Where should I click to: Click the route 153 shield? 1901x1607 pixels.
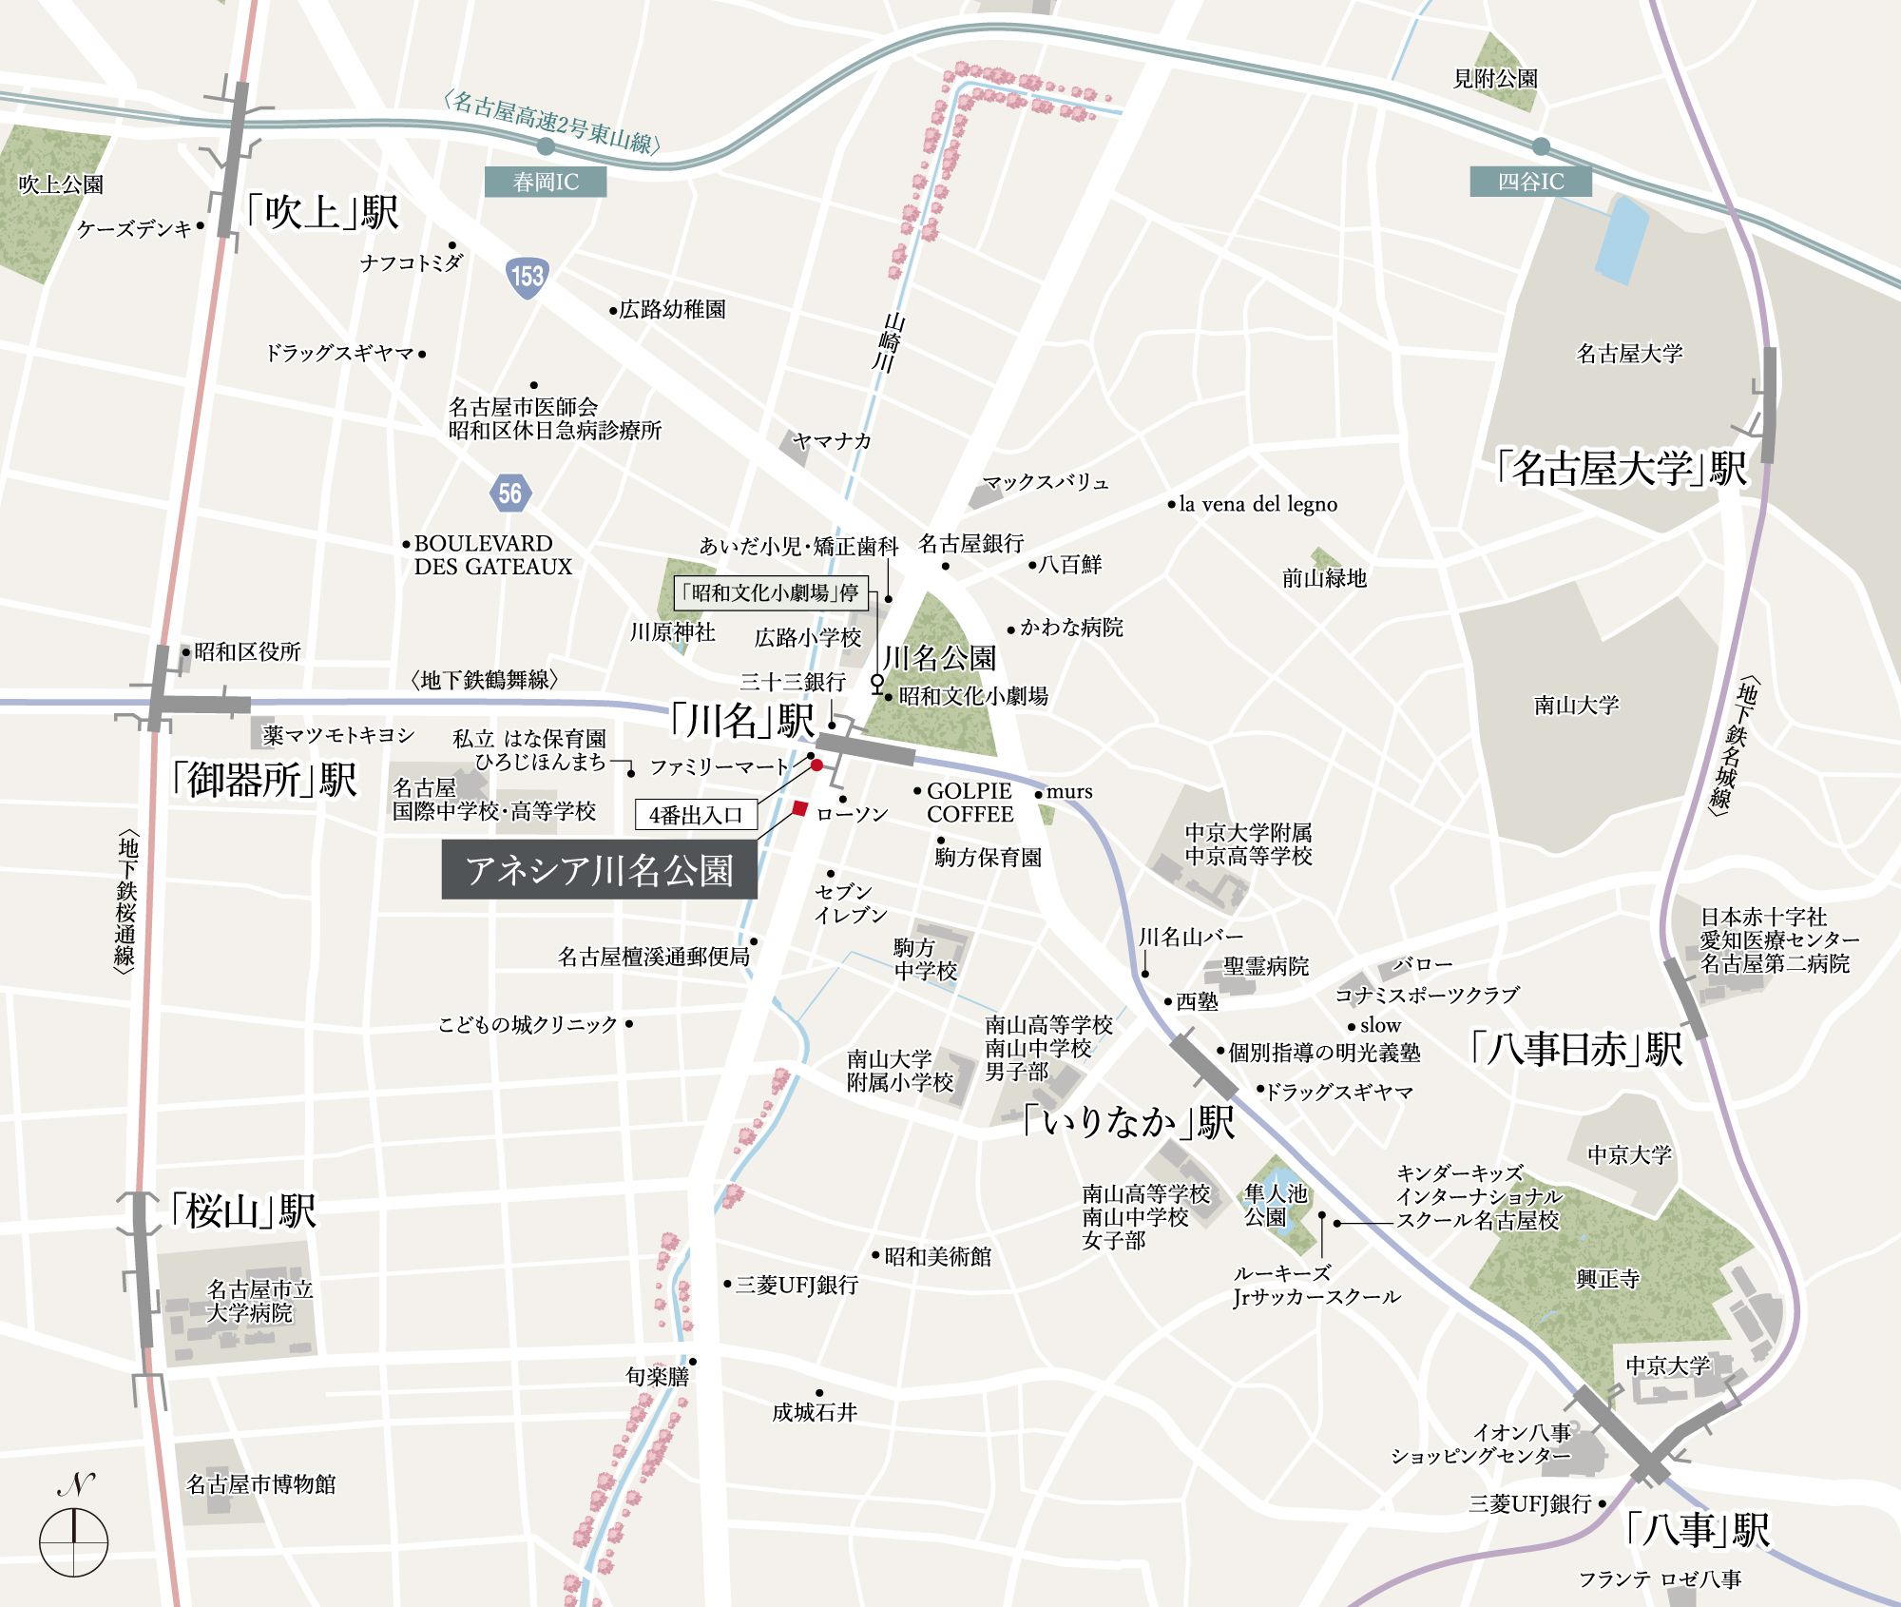527,277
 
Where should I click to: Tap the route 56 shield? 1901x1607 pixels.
509,493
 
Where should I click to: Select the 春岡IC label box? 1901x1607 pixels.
546,182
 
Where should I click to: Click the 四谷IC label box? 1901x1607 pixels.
1530,182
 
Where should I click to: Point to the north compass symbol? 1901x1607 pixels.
74,1540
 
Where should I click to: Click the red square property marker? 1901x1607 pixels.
800,809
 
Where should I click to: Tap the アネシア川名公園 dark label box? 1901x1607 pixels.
600,871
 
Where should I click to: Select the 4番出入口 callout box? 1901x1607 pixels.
696,815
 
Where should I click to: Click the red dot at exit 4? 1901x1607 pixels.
816,765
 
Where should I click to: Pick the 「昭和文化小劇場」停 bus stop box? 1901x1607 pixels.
770,593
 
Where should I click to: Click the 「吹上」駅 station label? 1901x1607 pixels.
321,212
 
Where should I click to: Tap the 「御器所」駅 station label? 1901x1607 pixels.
263,780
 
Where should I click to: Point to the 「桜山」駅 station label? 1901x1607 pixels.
242,1211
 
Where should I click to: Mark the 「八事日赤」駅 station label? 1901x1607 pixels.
1575,1049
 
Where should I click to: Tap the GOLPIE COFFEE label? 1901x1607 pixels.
970,803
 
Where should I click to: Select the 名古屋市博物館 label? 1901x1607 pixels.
260,1484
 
